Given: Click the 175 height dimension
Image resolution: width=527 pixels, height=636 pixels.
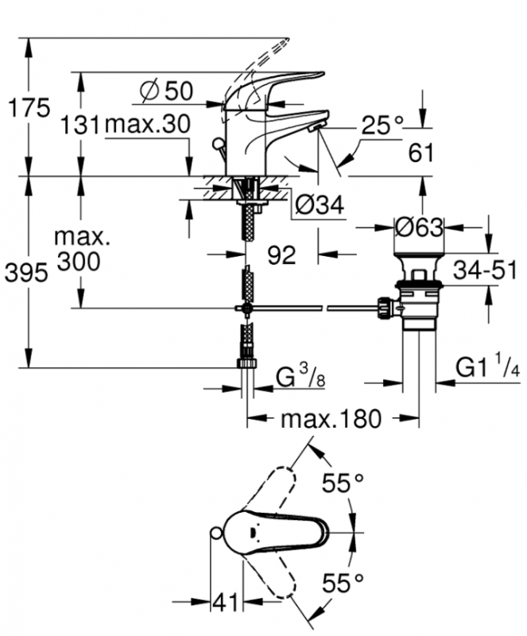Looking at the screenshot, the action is tap(29, 108).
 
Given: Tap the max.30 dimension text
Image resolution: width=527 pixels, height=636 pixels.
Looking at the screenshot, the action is tap(148, 124).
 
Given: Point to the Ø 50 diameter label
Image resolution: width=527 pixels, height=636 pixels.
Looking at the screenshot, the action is tap(166, 91).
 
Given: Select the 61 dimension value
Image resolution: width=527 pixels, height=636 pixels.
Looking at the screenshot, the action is tap(420, 153).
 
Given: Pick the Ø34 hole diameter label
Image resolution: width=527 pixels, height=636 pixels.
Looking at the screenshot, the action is tap(320, 205).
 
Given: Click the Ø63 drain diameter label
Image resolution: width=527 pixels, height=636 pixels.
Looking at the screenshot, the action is tap(419, 227).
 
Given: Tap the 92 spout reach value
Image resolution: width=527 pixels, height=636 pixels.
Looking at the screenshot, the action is tap(281, 255).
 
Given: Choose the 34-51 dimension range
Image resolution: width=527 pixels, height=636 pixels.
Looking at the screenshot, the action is tap(485, 270).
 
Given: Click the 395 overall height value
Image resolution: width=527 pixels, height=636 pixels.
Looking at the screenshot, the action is tap(26, 272).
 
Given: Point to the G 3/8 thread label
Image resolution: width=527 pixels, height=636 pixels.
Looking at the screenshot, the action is tap(300, 378).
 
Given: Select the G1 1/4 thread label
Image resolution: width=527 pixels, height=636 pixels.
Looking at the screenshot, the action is tap(487, 368).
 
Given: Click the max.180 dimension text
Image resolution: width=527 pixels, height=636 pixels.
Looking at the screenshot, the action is tap(331, 419).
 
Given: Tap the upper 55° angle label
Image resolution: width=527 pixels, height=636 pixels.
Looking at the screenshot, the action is tap(343, 483).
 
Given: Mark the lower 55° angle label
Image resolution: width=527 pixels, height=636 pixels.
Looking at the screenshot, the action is tap(343, 584).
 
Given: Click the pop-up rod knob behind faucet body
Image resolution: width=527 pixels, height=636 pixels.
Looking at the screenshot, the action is tap(219, 144).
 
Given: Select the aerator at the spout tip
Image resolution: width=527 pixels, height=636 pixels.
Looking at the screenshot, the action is tap(316, 127).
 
